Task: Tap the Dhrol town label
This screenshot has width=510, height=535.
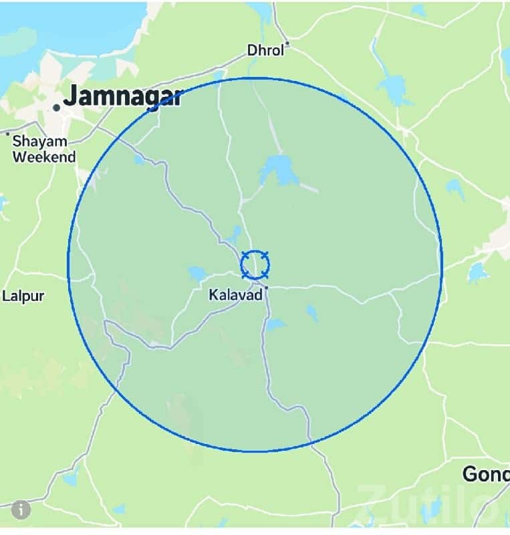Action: tap(265, 50)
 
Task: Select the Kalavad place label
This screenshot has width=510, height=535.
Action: tap(236, 294)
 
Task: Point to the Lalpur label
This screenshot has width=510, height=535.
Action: tap(23, 296)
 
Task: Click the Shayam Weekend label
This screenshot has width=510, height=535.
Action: tap(43, 149)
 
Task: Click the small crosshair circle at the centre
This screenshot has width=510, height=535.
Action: tap(255, 265)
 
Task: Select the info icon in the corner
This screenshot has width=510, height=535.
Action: tap(21, 510)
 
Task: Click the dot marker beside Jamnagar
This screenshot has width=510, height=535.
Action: tap(57, 107)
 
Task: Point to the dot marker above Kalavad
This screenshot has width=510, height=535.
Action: tap(266, 288)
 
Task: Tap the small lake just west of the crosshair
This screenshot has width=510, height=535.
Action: tap(197, 274)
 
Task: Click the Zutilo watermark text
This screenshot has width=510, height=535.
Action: tap(428, 505)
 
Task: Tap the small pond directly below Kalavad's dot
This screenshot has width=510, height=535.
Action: tap(274, 325)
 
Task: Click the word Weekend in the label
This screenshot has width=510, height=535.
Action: tap(44, 157)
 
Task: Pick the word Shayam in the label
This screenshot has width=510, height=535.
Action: tap(40, 141)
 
